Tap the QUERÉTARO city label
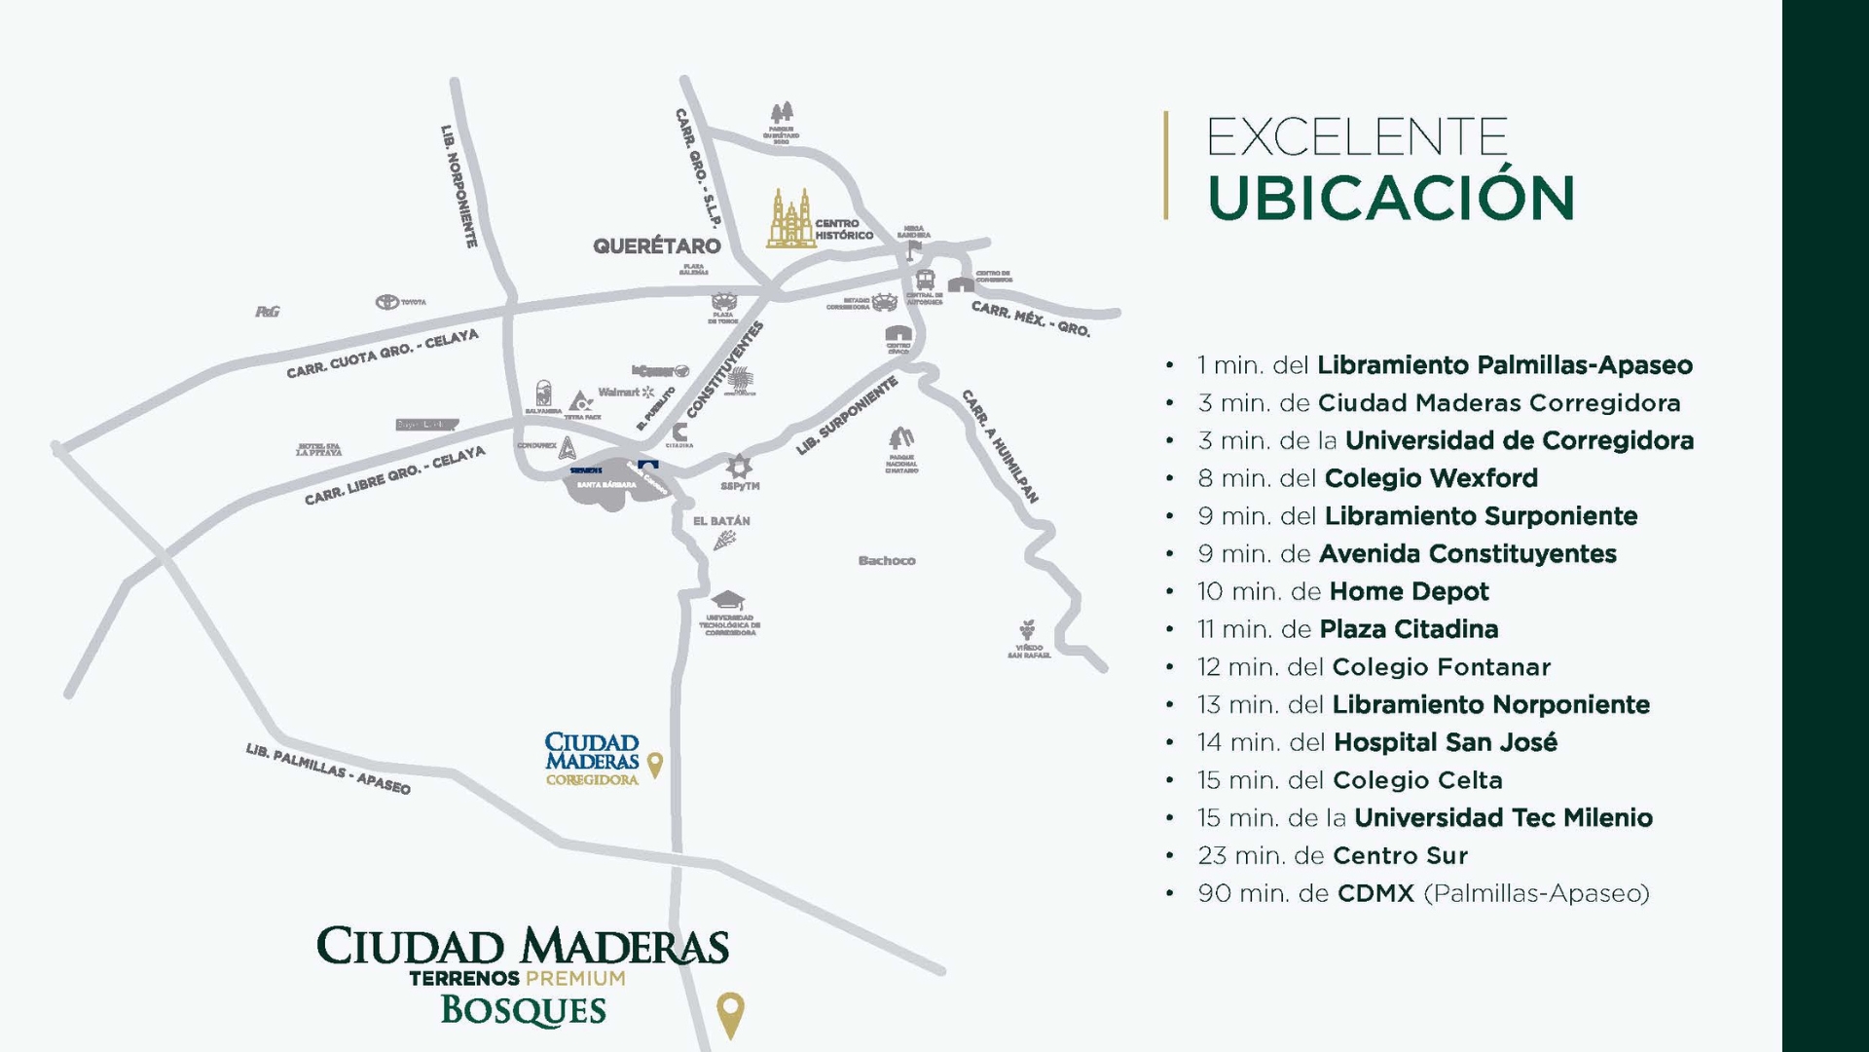(x=657, y=245)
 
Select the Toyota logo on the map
(x=387, y=302)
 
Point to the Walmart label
(x=619, y=392)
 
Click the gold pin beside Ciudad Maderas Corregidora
(x=655, y=765)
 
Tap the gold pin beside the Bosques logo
(x=730, y=1013)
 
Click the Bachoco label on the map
(x=887, y=560)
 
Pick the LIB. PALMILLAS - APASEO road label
(x=328, y=769)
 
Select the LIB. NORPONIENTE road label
(x=458, y=185)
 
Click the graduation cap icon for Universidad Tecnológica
(x=727, y=600)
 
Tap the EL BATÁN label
(x=721, y=521)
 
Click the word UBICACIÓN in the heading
(x=1390, y=198)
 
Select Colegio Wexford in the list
(x=1431, y=478)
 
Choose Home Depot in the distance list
(x=1409, y=591)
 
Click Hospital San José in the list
(x=1445, y=742)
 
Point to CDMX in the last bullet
(x=1374, y=893)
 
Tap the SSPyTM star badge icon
(x=739, y=466)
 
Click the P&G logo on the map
(x=268, y=312)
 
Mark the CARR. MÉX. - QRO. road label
(x=1031, y=319)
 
